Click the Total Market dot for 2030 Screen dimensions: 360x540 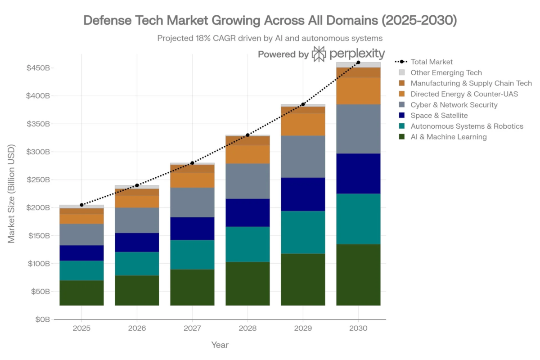(358, 63)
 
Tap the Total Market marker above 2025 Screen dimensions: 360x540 (81, 205)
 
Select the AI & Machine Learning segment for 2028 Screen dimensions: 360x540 (247, 283)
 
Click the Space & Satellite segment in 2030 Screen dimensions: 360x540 (358, 173)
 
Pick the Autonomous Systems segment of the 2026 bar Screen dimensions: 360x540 (137, 264)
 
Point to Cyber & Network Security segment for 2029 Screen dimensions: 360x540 (303, 156)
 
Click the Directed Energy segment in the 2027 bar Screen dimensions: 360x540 (192, 180)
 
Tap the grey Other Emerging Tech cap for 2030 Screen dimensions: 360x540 (358, 65)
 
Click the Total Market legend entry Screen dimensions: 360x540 (432, 62)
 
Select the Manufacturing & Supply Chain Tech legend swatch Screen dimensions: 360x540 (402, 83)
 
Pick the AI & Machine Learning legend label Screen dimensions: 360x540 (448, 137)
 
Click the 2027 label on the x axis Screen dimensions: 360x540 (192, 328)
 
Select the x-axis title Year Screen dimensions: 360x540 (220, 345)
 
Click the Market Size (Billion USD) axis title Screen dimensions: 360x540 (12, 193)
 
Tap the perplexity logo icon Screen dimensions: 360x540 (319, 54)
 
